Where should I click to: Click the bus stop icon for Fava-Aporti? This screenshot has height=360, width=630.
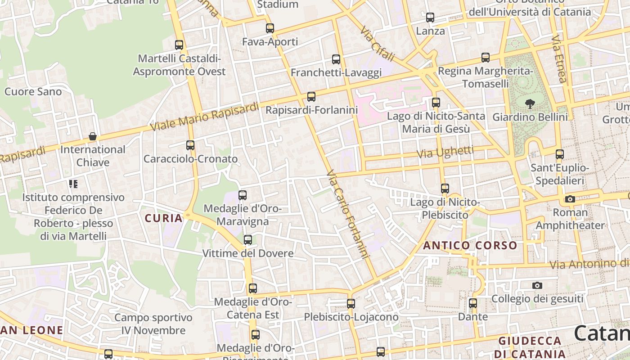click(x=270, y=28)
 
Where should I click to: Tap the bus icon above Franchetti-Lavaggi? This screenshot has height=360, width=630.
click(x=336, y=59)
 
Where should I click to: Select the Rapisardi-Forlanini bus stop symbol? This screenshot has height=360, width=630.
click(x=311, y=97)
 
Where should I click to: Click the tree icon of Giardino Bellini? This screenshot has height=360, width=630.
click(x=530, y=104)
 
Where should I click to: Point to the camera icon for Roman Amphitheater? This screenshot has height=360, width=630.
click(x=570, y=199)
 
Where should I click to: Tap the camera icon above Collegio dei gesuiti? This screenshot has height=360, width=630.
click(x=537, y=285)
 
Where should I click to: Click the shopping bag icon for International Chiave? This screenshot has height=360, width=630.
click(x=93, y=136)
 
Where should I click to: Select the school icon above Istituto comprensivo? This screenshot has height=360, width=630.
click(x=73, y=184)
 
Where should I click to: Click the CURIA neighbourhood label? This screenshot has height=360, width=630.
click(x=164, y=219)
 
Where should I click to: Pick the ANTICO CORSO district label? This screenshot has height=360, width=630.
click(x=470, y=246)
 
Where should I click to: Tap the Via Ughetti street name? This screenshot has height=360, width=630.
click(x=445, y=152)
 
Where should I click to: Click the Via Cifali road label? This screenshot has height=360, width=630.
click(x=377, y=44)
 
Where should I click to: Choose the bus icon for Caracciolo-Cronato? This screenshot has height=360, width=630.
click(x=190, y=145)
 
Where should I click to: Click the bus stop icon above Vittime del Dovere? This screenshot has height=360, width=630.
click(x=248, y=240)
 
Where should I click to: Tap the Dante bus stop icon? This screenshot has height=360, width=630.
click(x=473, y=303)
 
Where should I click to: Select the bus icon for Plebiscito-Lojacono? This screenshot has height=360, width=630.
click(x=351, y=304)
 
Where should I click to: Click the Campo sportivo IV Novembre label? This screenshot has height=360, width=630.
click(x=153, y=324)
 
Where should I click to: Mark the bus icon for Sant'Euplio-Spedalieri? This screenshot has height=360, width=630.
click(x=560, y=154)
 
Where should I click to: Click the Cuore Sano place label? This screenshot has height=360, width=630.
click(x=33, y=92)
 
